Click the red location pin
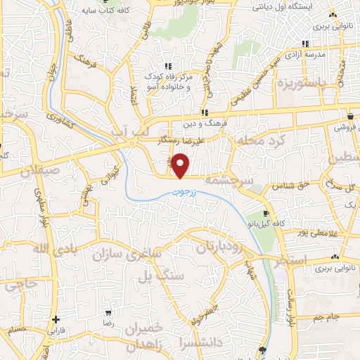[x=181, y=165]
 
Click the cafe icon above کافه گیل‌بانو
[x=266, y=213]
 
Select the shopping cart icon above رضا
[x=108, y=312]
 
